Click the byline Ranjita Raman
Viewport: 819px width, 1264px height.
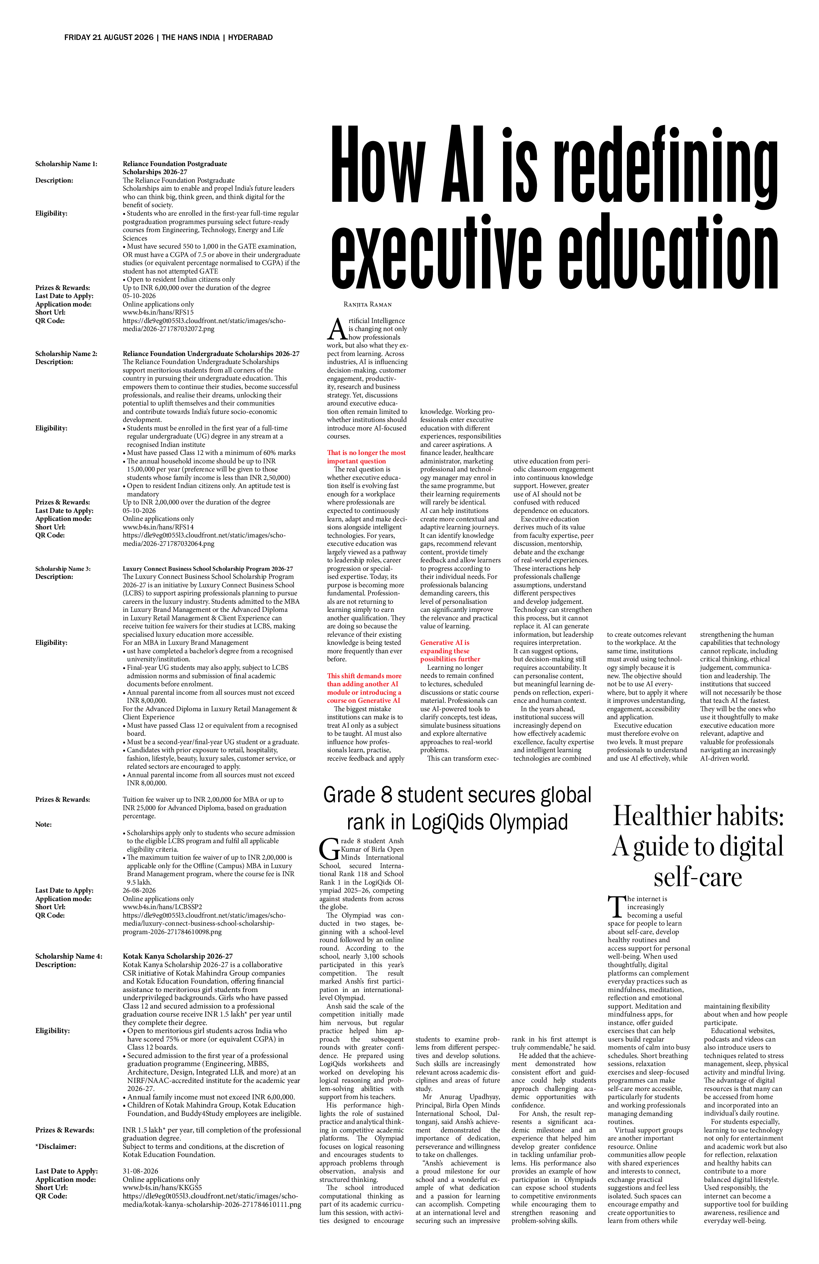click(367, 304)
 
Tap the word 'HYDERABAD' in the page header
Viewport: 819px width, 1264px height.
click(250, 37)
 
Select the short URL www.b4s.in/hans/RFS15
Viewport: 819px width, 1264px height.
click(158, 312)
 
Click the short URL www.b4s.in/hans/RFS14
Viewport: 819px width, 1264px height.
click(158, 527)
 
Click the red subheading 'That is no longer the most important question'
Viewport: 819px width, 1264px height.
click(366, 457)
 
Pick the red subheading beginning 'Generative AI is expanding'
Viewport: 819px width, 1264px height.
click(450, 651)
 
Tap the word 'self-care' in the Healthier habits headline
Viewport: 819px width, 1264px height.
click(697, 876)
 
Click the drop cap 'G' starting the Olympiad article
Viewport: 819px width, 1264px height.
click(329, 849)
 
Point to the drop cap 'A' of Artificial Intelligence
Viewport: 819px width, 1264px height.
click(337, 329)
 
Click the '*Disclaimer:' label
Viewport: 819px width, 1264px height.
click(56, 1146)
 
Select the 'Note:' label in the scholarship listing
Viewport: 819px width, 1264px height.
click(44, 824)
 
